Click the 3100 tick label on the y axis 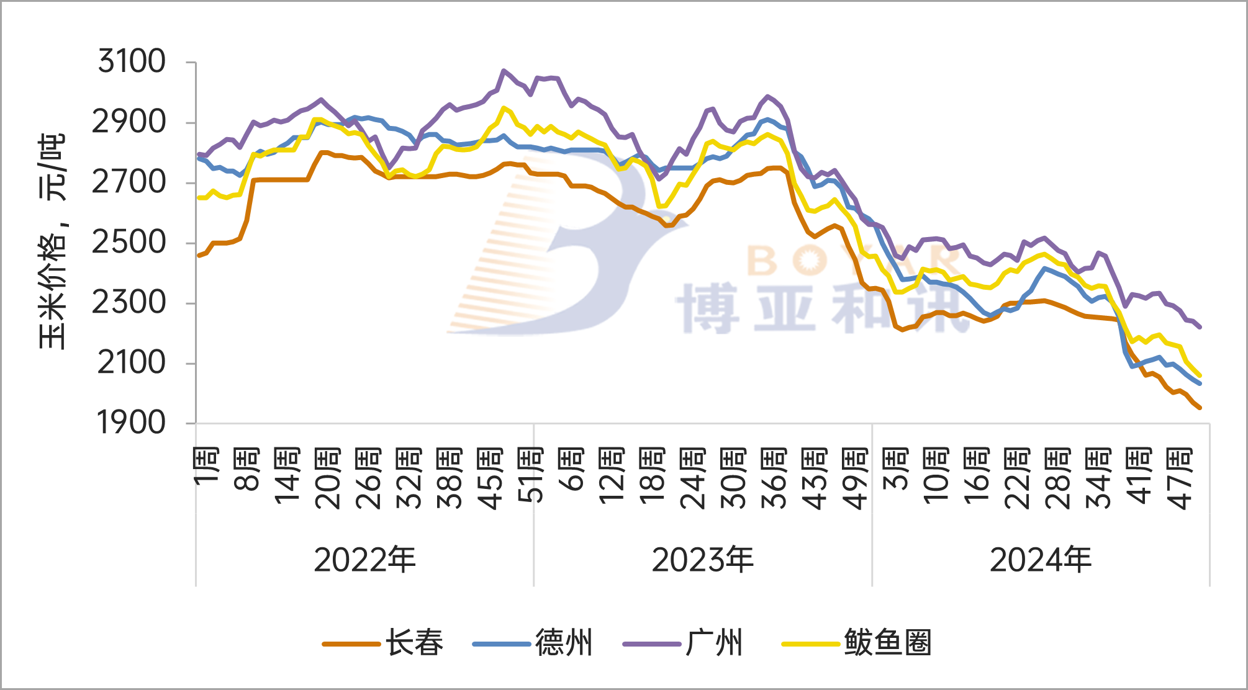click(132, 62)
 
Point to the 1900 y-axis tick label click(132, 424)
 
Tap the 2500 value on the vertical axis click(129, 243)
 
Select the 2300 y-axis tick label click(129, 303)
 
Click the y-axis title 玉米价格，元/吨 click(52, 242)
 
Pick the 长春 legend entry click(414, 643)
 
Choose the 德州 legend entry click(564, 643)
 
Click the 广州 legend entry click(714, 643)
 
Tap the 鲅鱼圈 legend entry click(887, 643)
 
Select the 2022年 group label click(364, 560)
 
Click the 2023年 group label click(702, 560)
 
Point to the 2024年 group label click(1040, 560)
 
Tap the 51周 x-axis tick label click(531, 475)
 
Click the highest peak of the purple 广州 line click(504, 71)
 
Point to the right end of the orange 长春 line click(1200, 408)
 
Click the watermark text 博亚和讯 click(820, 308)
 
